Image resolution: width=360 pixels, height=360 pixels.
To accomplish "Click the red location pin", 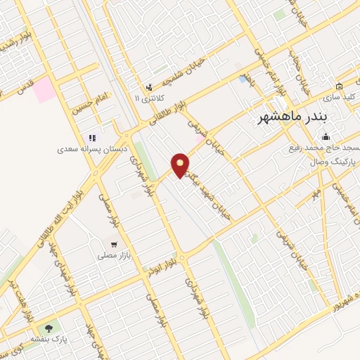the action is tap(181, 165).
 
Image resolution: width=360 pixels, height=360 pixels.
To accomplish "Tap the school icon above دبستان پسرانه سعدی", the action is tap(91, 139).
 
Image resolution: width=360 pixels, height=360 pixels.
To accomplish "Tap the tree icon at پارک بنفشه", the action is tap(49, 328).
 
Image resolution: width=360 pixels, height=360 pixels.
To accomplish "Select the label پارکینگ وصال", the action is tap(333, 161).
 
